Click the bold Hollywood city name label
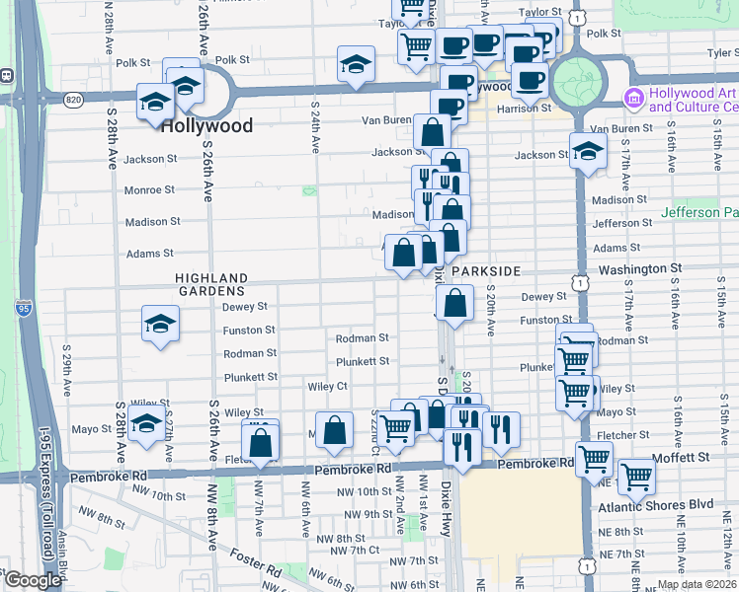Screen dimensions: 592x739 point(206,125)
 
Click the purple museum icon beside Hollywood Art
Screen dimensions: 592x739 point(633,98)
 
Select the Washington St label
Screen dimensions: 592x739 point(639,267)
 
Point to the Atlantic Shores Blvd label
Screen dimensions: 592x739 point(655,505)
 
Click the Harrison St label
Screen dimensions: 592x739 point(523,108)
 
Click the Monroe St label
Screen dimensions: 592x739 point(149,189)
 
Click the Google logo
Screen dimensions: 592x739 point(33,580)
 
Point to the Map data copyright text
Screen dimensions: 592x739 point(696,584)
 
